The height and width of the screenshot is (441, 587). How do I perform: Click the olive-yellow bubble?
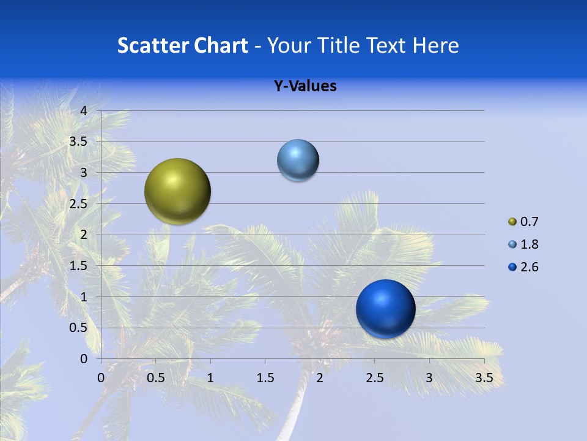[x=178, y=191]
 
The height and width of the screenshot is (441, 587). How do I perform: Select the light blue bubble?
[x=298, y=160]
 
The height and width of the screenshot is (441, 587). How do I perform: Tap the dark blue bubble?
[x=385, y=309]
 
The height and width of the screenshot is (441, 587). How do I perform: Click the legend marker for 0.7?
[x=512, y=222]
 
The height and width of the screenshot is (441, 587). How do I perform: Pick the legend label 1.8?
[x=530, y=244]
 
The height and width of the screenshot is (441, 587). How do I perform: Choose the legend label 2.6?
[x=530, y=267]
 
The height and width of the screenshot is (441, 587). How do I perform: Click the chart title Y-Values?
[x=305, y=86]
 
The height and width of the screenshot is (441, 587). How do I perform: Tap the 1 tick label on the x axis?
[x=210, y=378]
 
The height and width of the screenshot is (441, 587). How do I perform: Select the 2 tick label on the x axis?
[x=320, y=378]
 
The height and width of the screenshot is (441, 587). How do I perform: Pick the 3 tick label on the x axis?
[x=429, y=378]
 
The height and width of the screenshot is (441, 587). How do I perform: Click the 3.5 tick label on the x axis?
[x=484, y=378]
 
